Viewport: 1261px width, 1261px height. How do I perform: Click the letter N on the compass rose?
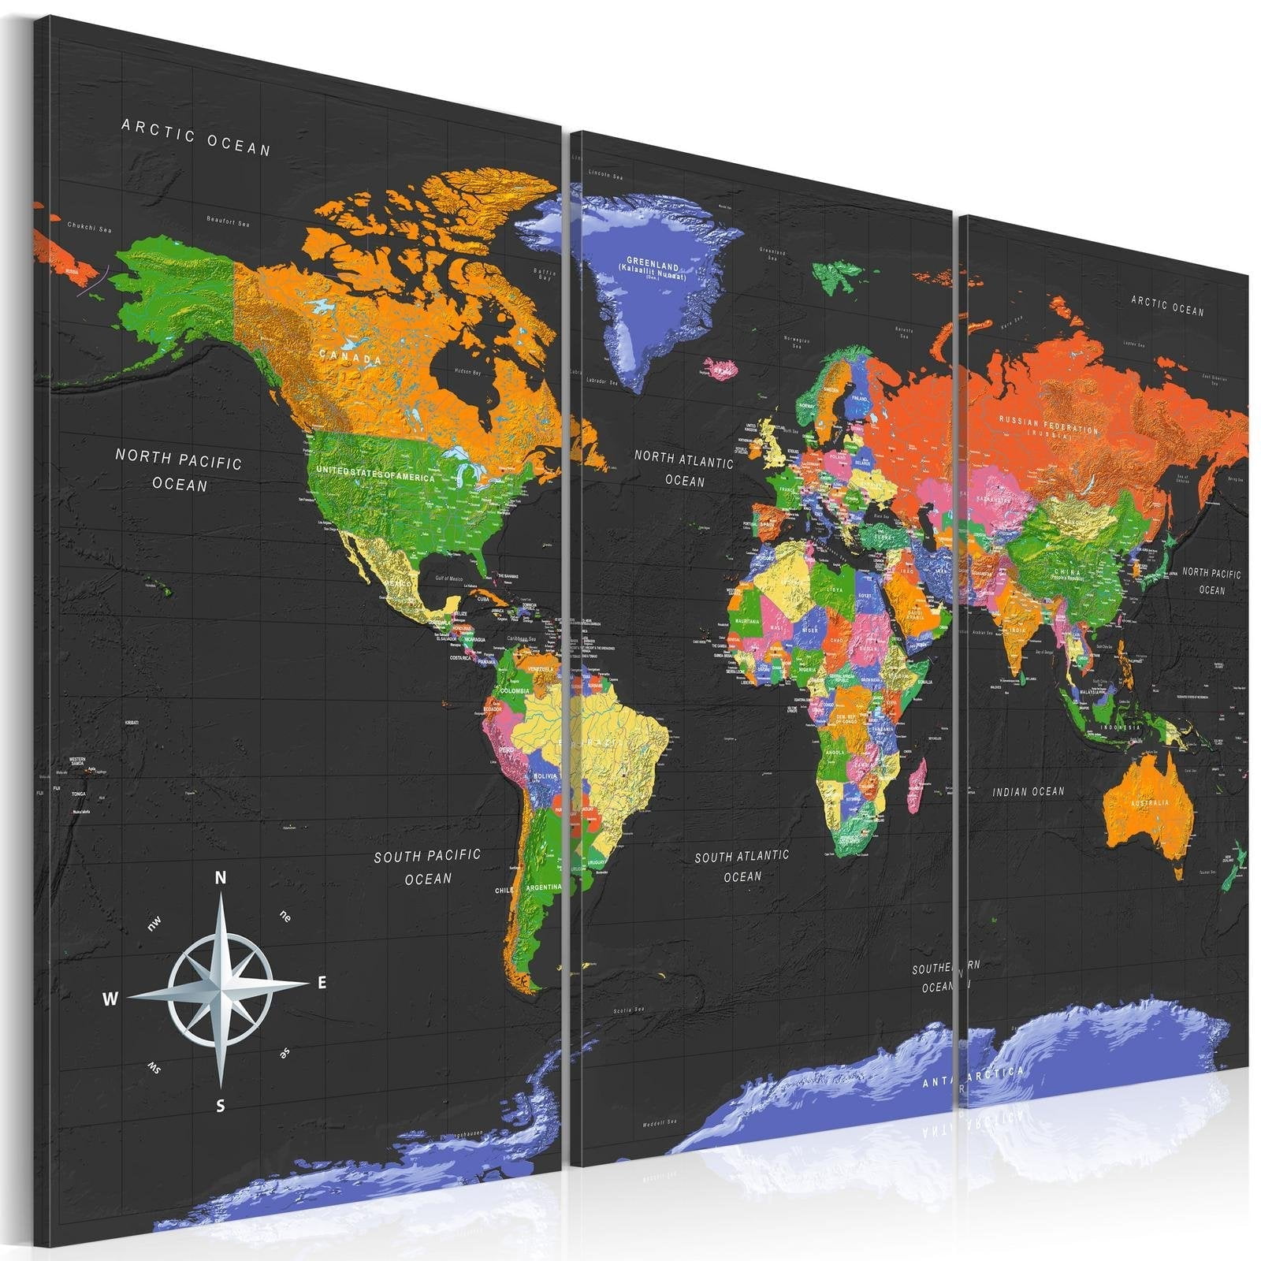(221, 878)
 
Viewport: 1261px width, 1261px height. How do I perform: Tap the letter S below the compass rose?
(221, 1107)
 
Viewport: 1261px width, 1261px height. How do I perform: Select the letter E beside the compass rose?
(322, 983)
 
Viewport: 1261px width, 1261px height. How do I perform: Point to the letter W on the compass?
(110, 999)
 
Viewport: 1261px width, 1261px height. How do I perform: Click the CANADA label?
(351, 357)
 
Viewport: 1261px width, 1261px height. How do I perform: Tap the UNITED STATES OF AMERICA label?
(375, 473)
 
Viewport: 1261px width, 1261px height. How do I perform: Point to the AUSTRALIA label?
(1150, 802)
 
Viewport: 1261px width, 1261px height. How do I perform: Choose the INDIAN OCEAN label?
(1029, 791)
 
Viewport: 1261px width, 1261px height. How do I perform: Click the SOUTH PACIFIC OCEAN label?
(427, 866)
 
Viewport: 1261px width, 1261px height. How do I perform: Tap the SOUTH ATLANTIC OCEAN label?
(742, 865)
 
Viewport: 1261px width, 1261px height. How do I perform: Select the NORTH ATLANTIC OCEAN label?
(684, 468)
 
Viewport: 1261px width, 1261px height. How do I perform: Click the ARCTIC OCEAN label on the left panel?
(196, 137)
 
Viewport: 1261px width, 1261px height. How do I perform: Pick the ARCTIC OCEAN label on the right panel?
(1168, 306)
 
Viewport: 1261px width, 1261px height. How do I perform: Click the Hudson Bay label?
(467, 371)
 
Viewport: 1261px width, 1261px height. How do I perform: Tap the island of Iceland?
(722, 367)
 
